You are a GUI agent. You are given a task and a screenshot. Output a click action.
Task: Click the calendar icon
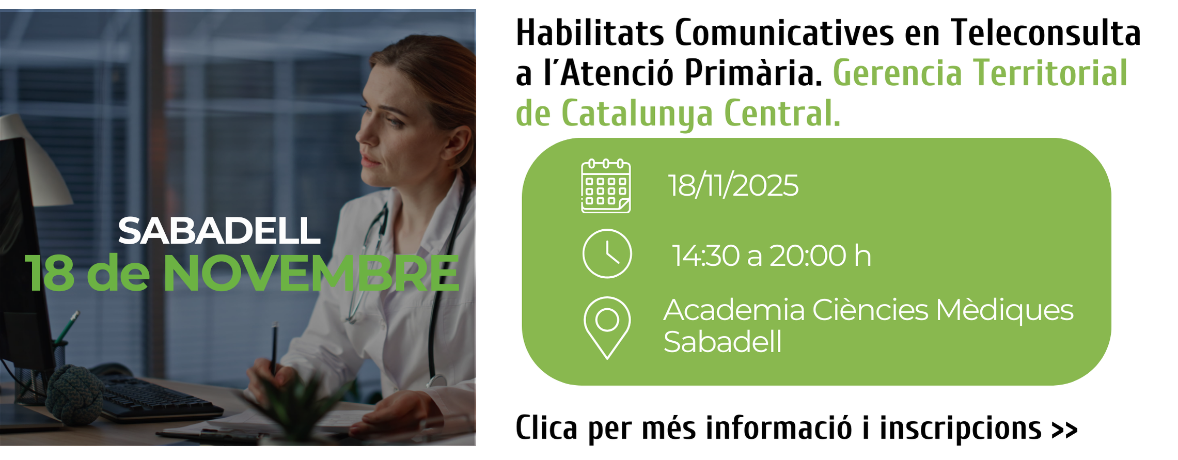coord(606,186)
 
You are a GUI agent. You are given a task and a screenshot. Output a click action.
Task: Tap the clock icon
coord(607,253)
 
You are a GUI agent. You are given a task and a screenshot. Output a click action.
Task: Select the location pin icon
coord(607,327)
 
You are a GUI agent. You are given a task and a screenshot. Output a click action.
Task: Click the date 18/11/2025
coord(733,185)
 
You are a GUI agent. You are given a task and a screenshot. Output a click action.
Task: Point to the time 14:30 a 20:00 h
coord(772,256)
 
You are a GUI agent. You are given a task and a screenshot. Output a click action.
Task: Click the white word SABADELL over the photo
coord(219,230)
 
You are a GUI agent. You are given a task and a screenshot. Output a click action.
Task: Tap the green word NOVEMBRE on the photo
coord(311,273)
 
